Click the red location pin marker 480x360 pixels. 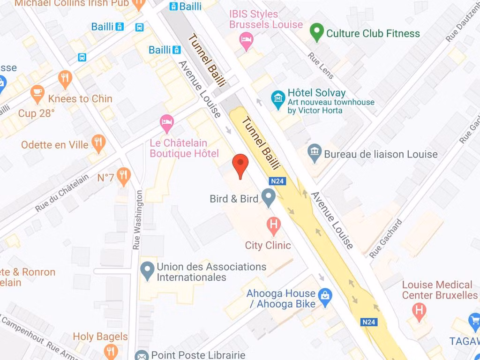240,164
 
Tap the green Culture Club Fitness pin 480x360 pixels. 317,32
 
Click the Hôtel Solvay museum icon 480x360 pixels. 278,99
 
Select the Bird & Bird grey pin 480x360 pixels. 268,197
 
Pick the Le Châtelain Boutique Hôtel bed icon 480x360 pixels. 167,123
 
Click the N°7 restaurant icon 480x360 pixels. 123,176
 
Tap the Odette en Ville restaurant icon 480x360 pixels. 98,143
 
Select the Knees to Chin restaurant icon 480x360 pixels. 65,79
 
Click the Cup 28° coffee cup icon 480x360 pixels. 37,94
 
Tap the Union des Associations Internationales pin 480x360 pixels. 148,271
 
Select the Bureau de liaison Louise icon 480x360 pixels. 314,153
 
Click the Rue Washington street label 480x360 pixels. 137,219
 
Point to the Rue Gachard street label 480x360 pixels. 386,238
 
